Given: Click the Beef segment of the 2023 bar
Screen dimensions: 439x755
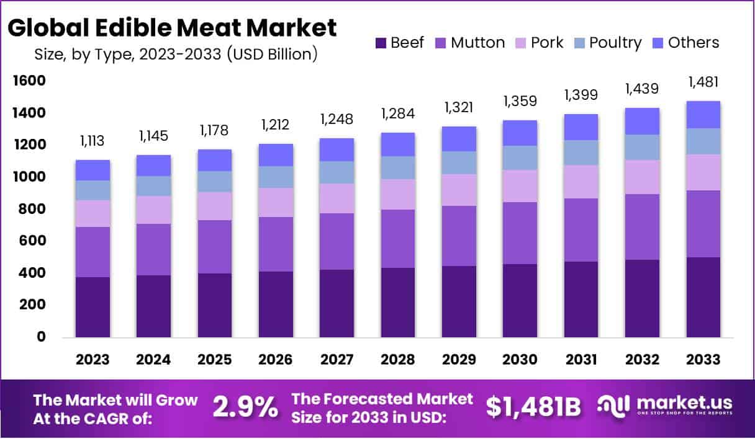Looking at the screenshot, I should tap(93, 307).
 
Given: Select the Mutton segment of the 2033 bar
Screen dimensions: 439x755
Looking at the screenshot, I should tap(703, 224).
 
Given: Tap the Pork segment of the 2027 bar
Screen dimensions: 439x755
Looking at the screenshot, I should tap(337, 198).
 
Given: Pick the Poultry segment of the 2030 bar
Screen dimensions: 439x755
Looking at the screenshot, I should tap(520, 158).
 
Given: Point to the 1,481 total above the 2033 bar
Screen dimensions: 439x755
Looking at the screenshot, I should tap(703, 82).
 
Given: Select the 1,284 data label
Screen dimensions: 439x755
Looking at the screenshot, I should tap(397, 114).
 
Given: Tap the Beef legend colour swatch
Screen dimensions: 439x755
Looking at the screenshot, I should tap(380, 43).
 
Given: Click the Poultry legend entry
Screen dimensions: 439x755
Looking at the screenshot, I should tap(615, 43).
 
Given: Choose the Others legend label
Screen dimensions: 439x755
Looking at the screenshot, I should tap(693, 43).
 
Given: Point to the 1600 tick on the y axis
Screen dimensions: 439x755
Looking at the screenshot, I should tap(28, 81).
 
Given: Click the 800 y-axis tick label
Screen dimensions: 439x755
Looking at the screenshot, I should tap(31, 209).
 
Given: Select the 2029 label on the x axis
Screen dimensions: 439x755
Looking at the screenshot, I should tap(458, 360).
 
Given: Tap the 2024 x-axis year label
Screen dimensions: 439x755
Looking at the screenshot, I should tap(154, 360).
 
